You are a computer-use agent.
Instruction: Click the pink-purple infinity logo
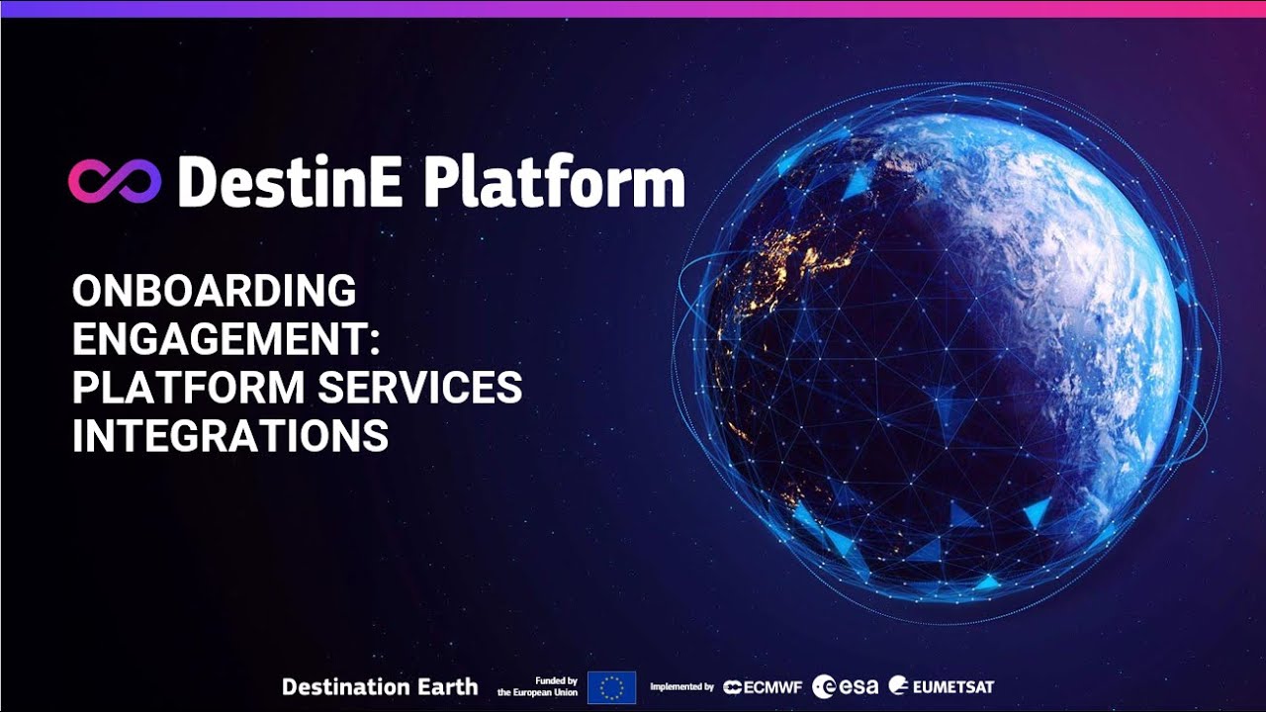pyautogui.click(x=115, y=180)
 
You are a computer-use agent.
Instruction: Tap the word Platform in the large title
pyautogui.click(x=555, y=183)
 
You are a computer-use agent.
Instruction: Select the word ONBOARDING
pyautogui.click(x=214, y=292)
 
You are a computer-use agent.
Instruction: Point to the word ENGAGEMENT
pyautogui.click(x=220, y=339)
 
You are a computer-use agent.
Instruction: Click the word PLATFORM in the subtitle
pyautogui.click(x=188, y=388)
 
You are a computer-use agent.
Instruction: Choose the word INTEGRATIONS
pyautogui.click(x=230, y=436)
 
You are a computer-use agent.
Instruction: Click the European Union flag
pyautogui.click(x=611, y=687)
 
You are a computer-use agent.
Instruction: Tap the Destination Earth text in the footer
pyautogui.click(x=380, y=687)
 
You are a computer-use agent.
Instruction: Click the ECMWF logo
pyautogui.click(x=762, y=687)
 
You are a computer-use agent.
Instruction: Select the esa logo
pyautogui.click(x=845, y=686)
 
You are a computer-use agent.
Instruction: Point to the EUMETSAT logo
pyautogui.click(x=942, y=686)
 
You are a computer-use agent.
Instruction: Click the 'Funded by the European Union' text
pyautogui.click(x=538, y=687)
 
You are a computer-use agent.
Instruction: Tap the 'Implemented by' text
pyautogui.click(x=681, y=687)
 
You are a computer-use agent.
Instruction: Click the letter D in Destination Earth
pyautogui.click(x=290, y=687)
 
